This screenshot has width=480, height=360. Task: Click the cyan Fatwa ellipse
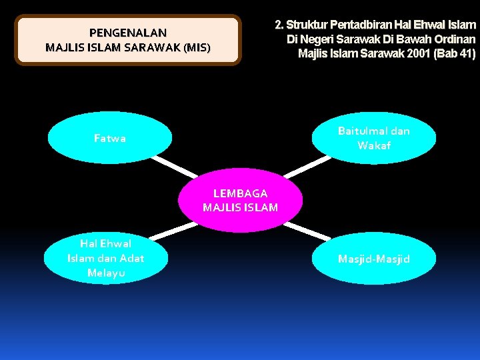click(x=110, y=138)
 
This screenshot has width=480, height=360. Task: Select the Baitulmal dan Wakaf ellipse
click(x=373, y=138)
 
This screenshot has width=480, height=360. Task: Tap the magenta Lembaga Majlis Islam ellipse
click(x=240, y=200)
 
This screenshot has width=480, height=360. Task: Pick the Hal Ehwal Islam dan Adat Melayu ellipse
click(x=106, y=258)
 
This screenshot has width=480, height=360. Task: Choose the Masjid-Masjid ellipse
click(x=373, y=259)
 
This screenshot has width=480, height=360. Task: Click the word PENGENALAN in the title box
click(x=128, y=32)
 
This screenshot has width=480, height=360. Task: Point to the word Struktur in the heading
click(x=307, y=25)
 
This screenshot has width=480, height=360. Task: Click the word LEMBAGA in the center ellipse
click(x=240, y=193)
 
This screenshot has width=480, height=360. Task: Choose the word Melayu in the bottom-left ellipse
click(x=106, y=273)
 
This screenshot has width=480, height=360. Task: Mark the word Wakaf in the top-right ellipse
click(x=374, y=145)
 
